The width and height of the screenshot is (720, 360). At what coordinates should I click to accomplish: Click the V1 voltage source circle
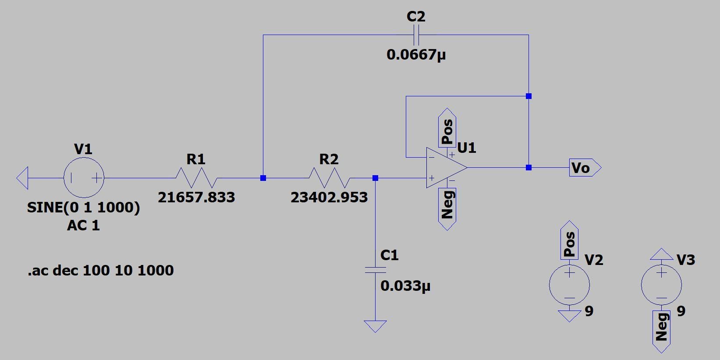pos(84,178)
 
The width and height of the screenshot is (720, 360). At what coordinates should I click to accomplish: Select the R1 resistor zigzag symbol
pos(196,178)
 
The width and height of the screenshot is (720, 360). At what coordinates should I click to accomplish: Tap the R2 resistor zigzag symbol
pos(329,178)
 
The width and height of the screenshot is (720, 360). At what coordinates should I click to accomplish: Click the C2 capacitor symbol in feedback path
pos(416,35)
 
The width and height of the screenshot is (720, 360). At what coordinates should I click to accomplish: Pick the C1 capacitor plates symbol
pos(375,270)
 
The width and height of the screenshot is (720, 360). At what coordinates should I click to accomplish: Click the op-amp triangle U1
pos(445,168)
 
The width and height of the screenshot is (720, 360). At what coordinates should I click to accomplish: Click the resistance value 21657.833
pos(196,198)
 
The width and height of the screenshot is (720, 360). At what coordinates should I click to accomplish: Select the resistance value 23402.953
pos(329,198)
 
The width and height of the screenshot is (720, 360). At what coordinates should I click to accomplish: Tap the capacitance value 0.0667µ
pos(416,55)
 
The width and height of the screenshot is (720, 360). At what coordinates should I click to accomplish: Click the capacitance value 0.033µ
pos(405,286)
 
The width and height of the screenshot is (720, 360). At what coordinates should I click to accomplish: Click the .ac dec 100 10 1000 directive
pos(101,270)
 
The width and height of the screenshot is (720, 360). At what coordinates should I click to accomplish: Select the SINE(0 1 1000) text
pos(84,207)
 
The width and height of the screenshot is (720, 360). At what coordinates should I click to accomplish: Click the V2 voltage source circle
pos(569,285)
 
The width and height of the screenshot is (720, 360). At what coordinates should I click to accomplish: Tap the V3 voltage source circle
pos(661,285)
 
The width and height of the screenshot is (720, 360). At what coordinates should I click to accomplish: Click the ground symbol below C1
pos(375,326)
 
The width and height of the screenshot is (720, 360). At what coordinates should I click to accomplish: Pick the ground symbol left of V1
pos(23,178)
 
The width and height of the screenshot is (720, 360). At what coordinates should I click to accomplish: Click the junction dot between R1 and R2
pos(263,178)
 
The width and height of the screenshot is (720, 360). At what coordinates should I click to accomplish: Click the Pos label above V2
pos(569,243)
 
